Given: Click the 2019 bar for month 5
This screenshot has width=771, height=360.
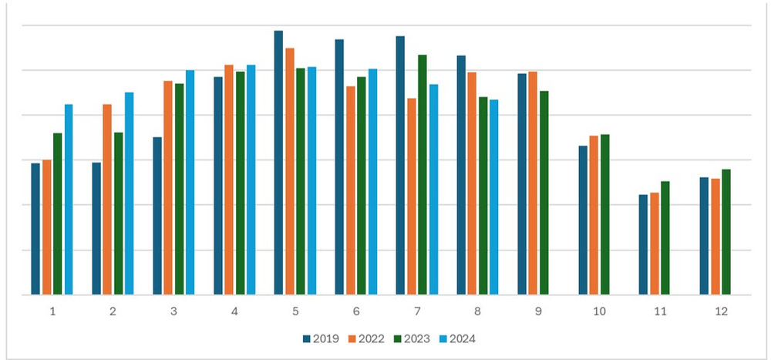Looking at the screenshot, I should [278, 163].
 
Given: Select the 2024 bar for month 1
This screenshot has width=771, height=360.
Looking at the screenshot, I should [69, 200].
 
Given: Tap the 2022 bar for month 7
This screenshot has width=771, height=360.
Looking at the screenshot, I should [412, 197].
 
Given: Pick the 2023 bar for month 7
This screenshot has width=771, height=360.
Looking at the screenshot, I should [423, 175].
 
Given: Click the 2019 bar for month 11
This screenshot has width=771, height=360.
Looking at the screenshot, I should [643, 244].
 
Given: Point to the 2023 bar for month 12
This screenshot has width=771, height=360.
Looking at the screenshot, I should [726, 232].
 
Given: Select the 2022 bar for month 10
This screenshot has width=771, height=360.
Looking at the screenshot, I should [594, 215].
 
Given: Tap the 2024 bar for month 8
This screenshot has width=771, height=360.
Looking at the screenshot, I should [494, 197].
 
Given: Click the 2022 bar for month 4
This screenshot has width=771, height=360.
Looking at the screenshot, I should [229, 180].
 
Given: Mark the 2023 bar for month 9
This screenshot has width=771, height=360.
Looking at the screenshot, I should [544, 193].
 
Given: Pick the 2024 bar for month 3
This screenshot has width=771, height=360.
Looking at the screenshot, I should [190, 183].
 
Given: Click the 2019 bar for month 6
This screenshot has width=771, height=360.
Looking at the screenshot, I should [339, 167].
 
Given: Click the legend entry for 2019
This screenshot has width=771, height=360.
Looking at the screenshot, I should [317, 338].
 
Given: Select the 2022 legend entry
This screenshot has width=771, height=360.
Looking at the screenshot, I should [365, 338].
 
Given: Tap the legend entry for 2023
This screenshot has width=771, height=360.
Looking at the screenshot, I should [414, 338].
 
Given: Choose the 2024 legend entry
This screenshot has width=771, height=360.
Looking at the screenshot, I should [463, 338].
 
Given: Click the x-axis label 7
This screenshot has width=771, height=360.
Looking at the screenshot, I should [417, 311].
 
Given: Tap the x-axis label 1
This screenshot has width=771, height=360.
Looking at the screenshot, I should [52, 311].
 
